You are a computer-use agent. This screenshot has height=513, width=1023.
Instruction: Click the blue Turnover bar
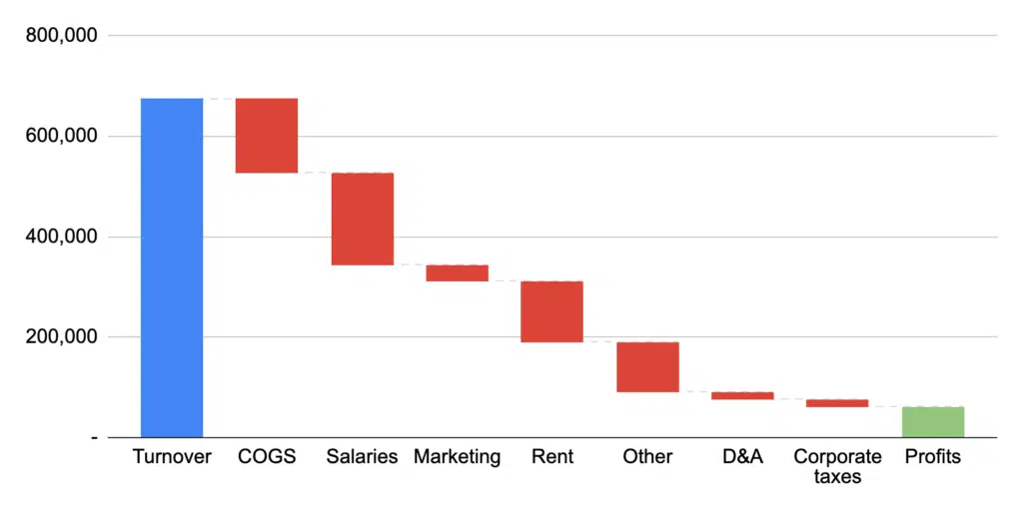[x=172, y=267]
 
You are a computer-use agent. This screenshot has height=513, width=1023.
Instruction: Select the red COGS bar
[x=267, y=136]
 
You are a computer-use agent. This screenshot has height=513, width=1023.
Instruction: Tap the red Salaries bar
[x=363, y=219]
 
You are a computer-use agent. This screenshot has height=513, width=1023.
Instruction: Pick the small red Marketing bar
[x=457, y=272]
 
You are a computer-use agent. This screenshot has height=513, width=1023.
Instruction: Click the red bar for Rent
[x=551, y=311]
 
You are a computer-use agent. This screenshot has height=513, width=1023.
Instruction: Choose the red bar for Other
[x=647, y=366]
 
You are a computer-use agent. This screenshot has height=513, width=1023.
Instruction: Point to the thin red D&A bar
[x=742, y=395]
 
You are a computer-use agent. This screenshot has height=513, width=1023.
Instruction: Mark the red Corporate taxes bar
[x=837, y=403]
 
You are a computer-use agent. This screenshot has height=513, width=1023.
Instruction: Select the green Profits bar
[x=933, y=422]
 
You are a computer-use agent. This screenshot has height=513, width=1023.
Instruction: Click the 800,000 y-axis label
[x=62, y=35]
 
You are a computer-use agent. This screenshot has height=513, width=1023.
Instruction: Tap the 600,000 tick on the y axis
[x=62, y=136]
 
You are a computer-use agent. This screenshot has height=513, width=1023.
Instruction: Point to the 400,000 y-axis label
[x=62, y=237]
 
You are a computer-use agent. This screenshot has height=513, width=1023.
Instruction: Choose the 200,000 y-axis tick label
[x=62, y=337]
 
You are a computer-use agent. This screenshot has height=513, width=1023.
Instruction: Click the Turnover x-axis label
[x=172, y=457]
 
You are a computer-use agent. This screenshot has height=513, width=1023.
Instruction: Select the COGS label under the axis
[x=267, y=457]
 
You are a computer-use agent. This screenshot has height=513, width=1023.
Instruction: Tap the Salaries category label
[x=363, y=457]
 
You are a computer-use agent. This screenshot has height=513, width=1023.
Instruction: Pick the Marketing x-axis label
[x=457, y=457]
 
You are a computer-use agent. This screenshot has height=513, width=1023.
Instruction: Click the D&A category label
[x=742, y=457]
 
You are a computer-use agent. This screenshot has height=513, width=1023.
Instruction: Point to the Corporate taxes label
[x=837, y=466]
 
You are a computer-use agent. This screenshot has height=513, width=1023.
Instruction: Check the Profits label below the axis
[x=933, y=457]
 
